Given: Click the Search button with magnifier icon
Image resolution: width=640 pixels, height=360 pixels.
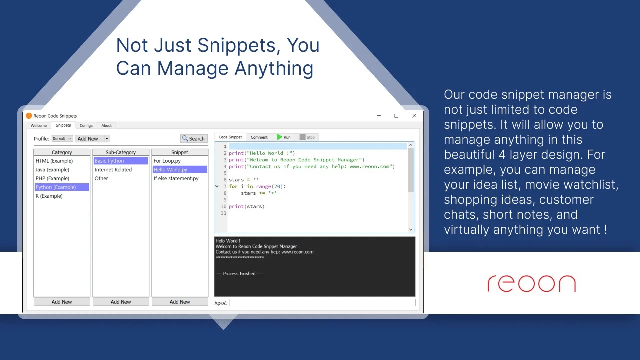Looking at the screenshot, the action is (194, 139).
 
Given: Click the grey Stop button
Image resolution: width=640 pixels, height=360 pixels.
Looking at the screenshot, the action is (307, 137).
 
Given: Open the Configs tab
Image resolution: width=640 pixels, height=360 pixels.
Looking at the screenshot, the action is (86, 125).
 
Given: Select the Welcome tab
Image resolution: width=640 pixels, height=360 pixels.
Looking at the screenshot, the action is (39, 125).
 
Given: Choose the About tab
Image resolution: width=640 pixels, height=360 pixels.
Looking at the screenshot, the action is (107, 125).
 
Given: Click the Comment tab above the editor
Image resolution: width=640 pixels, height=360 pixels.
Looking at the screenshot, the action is (259, 137).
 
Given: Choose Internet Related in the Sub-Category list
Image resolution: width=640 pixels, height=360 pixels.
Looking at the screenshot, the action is (113, 170).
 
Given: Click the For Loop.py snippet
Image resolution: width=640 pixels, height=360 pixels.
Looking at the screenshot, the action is (167, 161).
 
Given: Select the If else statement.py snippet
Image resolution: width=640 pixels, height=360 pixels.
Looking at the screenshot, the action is (176, 179).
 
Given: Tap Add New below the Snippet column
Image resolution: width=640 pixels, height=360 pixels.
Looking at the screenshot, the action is (180, 302).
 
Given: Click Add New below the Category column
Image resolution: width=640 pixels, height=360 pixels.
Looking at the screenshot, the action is (62, 302).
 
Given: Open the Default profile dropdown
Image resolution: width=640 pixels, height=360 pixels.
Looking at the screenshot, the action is (62, 139).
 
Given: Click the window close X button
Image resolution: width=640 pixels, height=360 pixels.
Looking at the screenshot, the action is (414, 116).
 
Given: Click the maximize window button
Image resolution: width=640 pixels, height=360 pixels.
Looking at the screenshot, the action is (396, 116).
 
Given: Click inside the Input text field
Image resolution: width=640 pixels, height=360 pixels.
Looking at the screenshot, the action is (323, 303).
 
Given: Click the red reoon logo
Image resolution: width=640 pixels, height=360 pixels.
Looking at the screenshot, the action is (531, 283).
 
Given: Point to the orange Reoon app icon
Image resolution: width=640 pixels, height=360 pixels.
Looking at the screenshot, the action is (29, 116).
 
